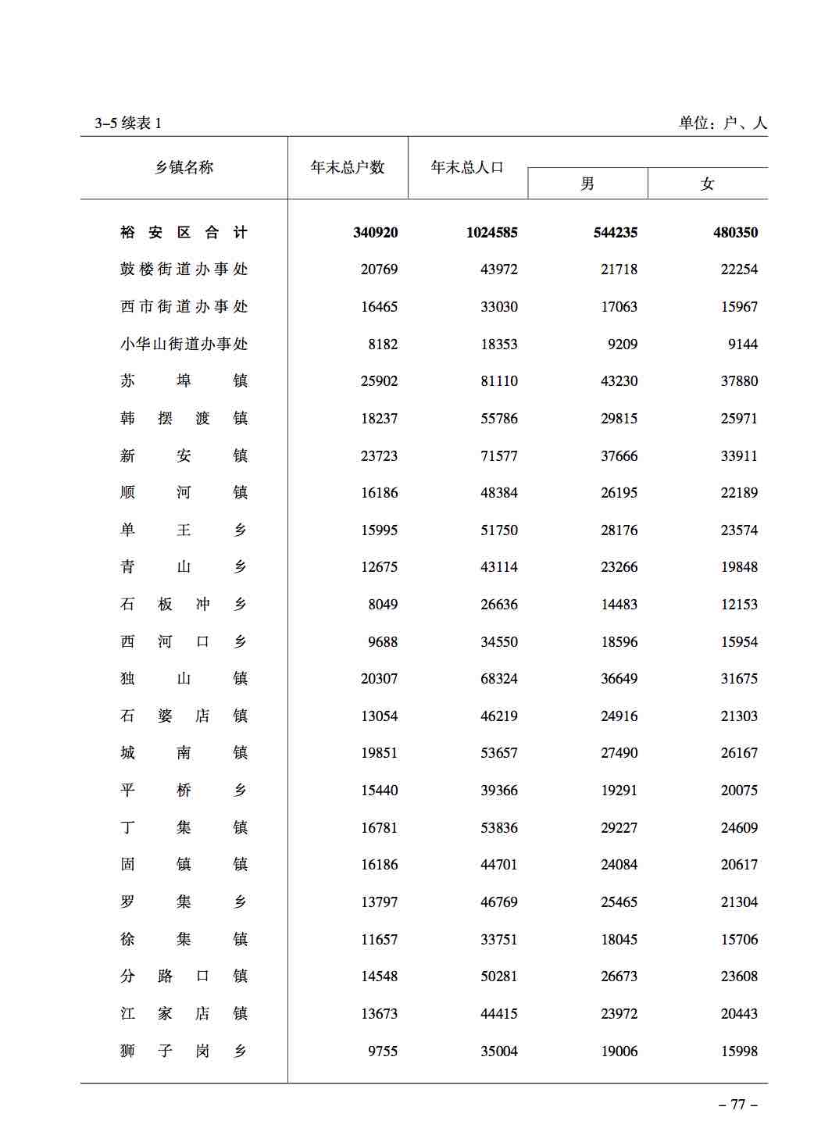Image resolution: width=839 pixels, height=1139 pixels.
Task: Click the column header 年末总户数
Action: click(348, 167)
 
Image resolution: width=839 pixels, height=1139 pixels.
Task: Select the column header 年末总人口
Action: click(467, 167)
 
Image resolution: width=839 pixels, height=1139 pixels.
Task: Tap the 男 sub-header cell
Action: click(587, 184)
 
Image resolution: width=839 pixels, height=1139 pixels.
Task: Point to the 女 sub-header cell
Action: click(708, 184)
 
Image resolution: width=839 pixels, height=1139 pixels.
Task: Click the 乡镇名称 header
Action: click(184, 167)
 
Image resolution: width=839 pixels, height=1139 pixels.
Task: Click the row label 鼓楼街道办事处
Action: click(184, 269)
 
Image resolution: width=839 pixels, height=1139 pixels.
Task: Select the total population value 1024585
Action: click(491, 232)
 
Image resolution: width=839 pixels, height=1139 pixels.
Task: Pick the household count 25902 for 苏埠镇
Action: click(379, 380)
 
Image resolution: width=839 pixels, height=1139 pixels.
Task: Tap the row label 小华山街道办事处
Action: click(184, 344)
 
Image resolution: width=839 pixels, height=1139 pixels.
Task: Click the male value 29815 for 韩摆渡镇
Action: click(619, 418)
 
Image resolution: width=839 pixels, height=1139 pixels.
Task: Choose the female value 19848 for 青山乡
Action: click(739, 566)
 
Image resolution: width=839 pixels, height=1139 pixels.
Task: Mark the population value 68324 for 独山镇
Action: click(498, 678)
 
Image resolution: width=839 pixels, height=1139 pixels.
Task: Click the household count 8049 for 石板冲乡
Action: click(383, 604)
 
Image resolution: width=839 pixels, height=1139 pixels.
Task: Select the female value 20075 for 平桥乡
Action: click(739, 790)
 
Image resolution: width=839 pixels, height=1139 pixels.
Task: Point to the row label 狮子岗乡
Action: click(184, 1051)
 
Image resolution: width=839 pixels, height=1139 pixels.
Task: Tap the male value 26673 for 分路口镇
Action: click(619, 976)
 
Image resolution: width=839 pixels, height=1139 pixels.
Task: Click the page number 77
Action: click(737, 1104)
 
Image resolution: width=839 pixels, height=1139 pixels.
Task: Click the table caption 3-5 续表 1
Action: click(128, 123)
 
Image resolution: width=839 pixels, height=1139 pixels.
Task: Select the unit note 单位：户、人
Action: click(723, 123)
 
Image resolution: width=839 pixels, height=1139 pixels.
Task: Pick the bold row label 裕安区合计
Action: click(184, 232)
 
